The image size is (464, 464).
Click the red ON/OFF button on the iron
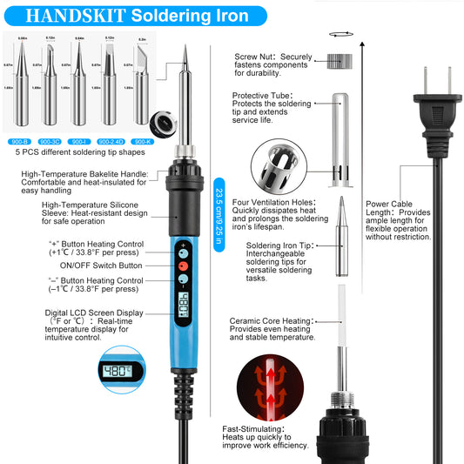pos(183,265)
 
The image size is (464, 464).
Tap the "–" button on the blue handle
pos(183,281)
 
